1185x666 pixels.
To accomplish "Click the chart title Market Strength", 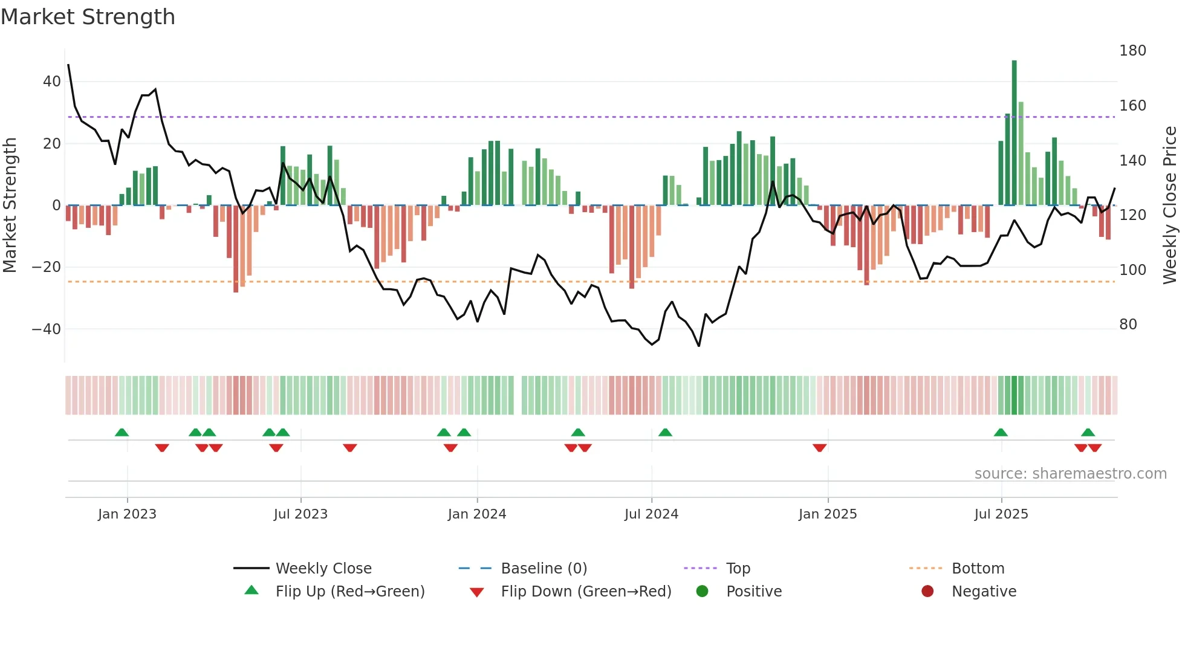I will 88,17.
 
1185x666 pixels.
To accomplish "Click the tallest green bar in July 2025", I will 1014,133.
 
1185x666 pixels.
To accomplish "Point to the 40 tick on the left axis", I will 52,82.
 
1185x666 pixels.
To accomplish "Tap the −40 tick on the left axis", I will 47,329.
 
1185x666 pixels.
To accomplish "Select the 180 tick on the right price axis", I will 1132,51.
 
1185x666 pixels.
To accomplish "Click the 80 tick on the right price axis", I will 1128,325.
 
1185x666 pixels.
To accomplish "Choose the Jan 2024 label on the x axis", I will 477,514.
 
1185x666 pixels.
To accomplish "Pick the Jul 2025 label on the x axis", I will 1001,514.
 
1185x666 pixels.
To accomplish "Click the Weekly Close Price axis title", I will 1170,205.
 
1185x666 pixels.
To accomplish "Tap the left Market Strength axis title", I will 10,205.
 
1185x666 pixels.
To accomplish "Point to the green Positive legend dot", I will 702,592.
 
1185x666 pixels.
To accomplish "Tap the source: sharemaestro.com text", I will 1070,474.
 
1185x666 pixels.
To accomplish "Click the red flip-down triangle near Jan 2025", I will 819,448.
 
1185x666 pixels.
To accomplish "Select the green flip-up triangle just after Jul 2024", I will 665,432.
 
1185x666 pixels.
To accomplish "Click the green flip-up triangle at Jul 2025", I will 1001,432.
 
